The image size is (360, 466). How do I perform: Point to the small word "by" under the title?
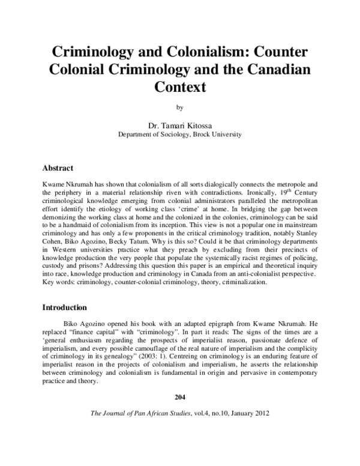(179, 108)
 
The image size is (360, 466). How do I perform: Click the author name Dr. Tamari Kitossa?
(179, 125)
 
